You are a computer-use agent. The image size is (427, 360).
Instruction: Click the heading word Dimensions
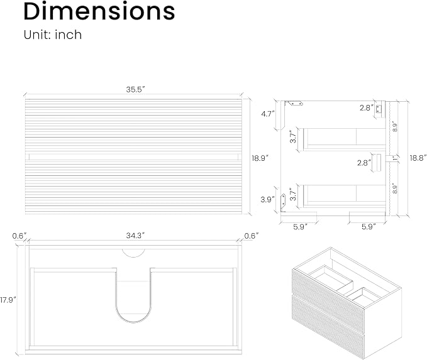[99, 11]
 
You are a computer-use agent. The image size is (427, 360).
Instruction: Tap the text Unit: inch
[53, 35]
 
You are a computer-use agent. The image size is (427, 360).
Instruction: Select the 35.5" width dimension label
[135, 89]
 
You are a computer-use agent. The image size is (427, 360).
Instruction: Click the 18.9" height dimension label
[260, 158]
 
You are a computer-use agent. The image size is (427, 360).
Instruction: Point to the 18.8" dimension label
[418, 158]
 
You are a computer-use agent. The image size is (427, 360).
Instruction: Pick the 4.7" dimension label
[268, 114]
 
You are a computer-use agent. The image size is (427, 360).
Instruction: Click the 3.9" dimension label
[267, 199]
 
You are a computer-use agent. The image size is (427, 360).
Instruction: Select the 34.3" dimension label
[135, 236]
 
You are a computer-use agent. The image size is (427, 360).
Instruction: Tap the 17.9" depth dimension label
[8, 300]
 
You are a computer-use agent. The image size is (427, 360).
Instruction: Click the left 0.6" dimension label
[19, 236]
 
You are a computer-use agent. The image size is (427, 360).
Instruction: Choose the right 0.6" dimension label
[251, 236]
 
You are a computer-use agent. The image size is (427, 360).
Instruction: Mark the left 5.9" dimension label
[300, 227]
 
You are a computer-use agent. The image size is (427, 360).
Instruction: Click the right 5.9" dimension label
[369, 227]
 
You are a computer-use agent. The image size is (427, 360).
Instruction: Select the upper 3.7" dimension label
[293, 136]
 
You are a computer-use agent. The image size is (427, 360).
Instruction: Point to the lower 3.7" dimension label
[293, 194]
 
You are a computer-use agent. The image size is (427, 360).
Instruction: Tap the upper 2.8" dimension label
[366, 108]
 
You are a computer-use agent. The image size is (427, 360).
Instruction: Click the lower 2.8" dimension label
[364, 163]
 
